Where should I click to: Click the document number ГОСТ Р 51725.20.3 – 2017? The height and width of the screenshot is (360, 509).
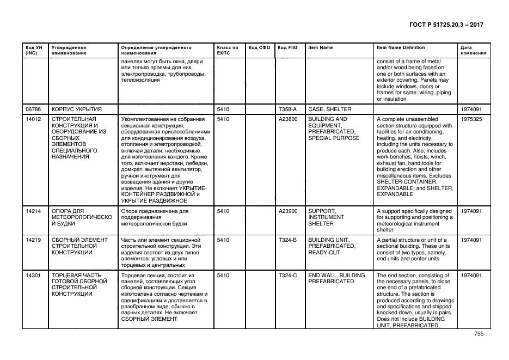[x=446, y=25]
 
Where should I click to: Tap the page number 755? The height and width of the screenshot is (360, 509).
[x=479, y=334]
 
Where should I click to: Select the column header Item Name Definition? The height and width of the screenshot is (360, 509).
[x=401, y=48]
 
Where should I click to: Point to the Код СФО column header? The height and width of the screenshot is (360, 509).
[x=259, y=48]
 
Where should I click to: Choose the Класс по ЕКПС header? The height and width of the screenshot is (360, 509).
[x=228, y=51]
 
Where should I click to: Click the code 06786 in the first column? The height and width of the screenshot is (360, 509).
[x=34, y=109]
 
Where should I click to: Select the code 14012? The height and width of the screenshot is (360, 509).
[x=34, y=119]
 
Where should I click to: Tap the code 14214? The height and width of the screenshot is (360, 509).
[x=34, y=211]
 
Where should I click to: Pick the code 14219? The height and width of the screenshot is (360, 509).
[x=34, y=240]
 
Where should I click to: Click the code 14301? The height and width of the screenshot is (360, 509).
[x=34, y=276]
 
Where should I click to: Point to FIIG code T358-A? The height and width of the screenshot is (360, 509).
[x=287, y=109]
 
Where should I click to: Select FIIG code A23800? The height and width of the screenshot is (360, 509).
[x=288, y=119]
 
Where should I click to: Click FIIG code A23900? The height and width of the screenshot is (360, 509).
[x=288, y=211]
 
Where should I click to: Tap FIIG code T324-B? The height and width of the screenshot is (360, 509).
[x=287, y=240]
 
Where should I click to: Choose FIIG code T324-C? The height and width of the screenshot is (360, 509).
[x=287, y=276]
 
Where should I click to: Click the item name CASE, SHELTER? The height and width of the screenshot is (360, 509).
[x=330, y=109]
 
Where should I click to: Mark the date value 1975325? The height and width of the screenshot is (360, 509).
[x=471, y=119]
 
